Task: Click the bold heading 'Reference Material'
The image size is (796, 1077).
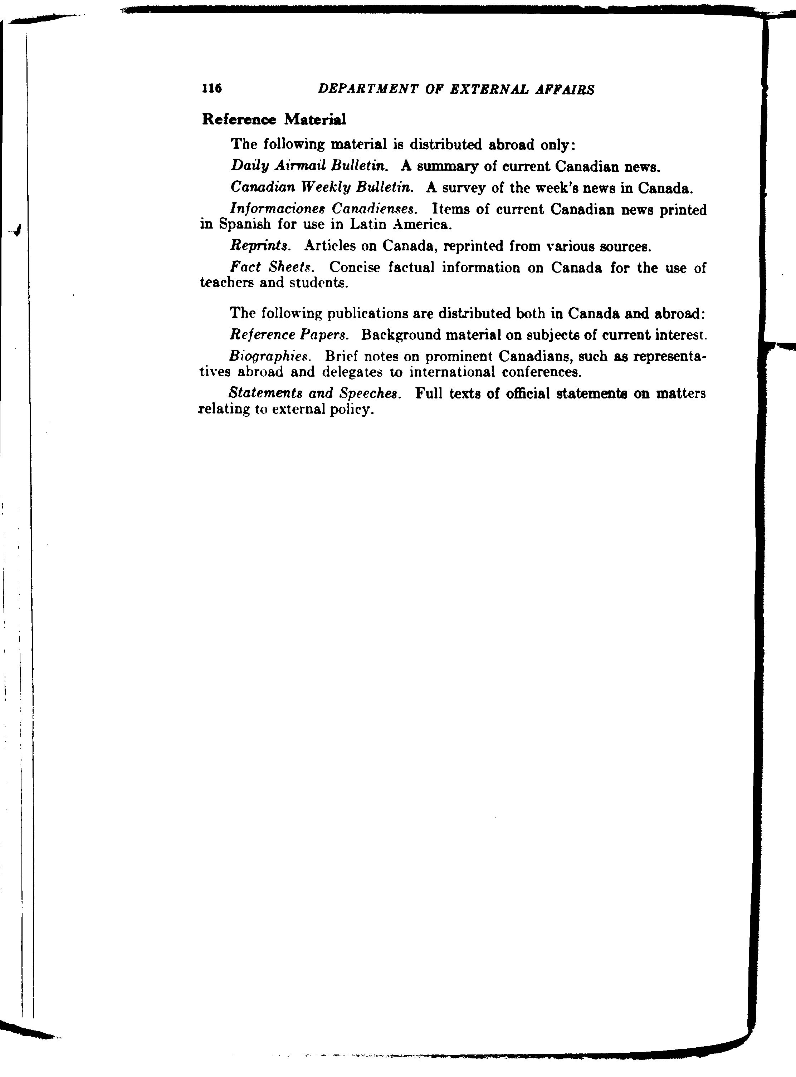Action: click(274, 119)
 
